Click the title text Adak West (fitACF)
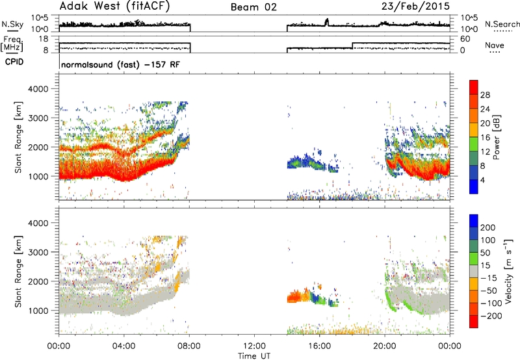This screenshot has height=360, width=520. point(114,6)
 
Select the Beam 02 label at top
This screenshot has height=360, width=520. point(253,7)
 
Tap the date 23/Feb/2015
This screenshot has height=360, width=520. point(415,6)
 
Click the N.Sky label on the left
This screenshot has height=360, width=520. point(12,24)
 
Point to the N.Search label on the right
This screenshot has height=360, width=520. point(502,24)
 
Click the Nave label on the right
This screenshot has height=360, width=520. point(495,45)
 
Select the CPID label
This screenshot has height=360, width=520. point(14,62)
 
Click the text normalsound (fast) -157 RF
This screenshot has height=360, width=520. point(120,64)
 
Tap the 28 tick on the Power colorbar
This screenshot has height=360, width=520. point(485,95)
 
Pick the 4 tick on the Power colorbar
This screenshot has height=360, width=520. point(482,181)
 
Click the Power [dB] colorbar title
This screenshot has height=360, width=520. point(497,137)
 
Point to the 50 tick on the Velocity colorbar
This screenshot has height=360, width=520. point(485,253)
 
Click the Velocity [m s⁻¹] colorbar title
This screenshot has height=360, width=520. point(508,271)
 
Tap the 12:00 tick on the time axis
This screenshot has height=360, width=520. point(254,346)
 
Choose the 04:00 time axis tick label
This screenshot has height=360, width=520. point(124,346)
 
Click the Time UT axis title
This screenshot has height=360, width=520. point(254,356)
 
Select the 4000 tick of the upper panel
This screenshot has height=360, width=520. point(38,89)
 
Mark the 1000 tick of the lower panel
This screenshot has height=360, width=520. point(38,311)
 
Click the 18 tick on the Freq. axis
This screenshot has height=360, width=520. point(44,39)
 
